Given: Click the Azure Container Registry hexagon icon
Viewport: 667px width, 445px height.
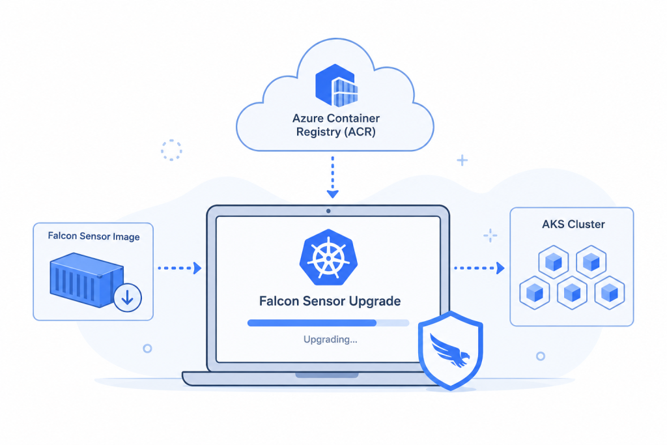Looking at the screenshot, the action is click(336, 85).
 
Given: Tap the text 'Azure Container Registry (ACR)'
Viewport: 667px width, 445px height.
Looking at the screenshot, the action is click(335, 125).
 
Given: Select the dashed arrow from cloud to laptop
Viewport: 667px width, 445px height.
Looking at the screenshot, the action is click(333, 177).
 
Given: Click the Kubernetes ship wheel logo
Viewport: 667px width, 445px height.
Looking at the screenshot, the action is click(328, 257).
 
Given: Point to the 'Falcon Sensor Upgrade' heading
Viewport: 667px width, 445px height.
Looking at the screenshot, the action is click(330, 301).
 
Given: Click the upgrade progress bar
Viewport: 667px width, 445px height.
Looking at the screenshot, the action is click(328, 323).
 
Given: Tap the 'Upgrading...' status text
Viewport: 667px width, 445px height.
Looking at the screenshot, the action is click(330, 339).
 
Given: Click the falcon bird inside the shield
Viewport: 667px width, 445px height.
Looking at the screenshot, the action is click(449, 350).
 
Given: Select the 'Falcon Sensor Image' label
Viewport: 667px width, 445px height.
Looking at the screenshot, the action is click(94, 236).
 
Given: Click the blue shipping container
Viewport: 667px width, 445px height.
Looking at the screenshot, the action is click(87, 280).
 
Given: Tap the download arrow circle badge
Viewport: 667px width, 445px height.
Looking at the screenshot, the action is click(128, 297).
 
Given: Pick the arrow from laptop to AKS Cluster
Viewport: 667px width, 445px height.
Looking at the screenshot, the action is click(479, 268).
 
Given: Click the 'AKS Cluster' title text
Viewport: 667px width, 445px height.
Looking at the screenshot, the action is click(573, 224).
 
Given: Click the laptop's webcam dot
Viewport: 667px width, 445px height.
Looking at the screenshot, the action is click(328, 210).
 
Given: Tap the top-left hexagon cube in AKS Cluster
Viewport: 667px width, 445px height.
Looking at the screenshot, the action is click(554, 262).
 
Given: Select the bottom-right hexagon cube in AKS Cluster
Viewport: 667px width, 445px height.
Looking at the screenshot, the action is click(610, 293).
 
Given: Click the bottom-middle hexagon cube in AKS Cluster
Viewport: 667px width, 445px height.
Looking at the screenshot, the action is click(572, 293).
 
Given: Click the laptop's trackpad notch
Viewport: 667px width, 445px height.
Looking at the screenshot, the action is click(327, 375).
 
